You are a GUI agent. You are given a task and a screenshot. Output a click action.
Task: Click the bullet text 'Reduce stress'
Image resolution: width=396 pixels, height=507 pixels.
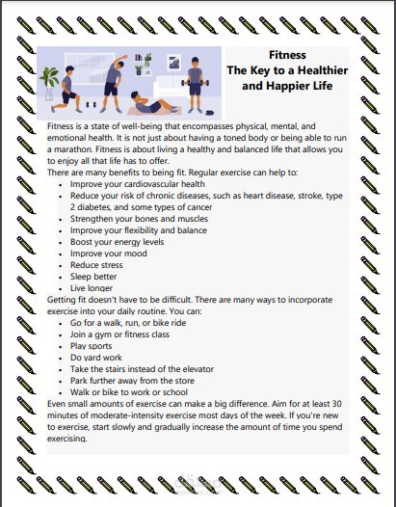pyautogui.click(x=97, y=264)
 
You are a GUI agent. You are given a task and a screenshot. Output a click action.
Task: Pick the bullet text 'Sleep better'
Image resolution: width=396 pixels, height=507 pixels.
pyautogui.click(x=94, y=276)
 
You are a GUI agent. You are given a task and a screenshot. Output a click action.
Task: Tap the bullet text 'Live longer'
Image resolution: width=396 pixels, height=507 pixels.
pyautogui.click(x=92, y=287)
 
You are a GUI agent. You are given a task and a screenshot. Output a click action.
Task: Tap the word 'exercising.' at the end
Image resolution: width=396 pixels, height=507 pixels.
pyautogui.click(x=72, y=438)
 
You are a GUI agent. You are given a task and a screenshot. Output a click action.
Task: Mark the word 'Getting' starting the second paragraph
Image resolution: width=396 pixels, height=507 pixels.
pyautogui.click(x=64, y=299)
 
